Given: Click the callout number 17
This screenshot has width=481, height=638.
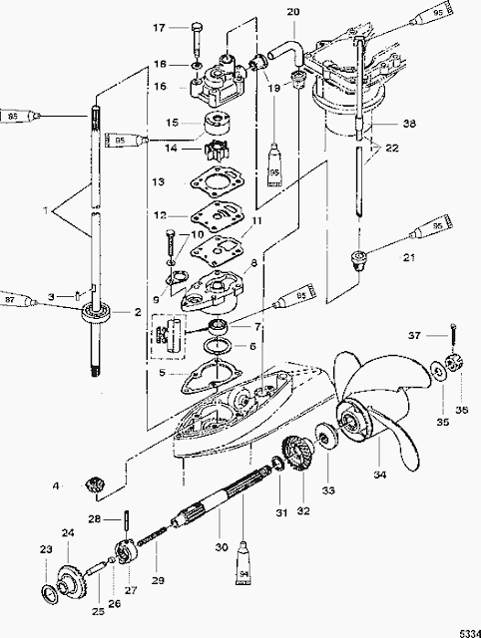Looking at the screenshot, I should pyautogui.click(x=159, y=28).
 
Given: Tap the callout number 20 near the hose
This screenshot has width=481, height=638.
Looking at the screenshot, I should pyautogui.click(x=264, y=12).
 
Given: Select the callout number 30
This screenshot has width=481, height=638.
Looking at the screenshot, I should pyautogui.click(x=222, y=545).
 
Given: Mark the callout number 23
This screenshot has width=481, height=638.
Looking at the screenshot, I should pyautogui.click(x=44, y=548).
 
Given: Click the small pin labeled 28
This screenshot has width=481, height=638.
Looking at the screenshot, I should pyautogui.click(x=131, y=518).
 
